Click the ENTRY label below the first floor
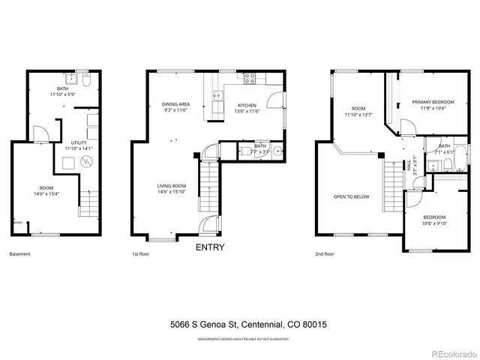(x=209, y=247)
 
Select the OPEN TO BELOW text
(x=351, y=196)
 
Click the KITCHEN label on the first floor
(x=247, y=105)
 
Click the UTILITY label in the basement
(x=78, y=142)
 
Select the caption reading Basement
(x=20, y=254)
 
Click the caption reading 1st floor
(x=141, y=254)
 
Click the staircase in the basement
(x=89, y=203)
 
